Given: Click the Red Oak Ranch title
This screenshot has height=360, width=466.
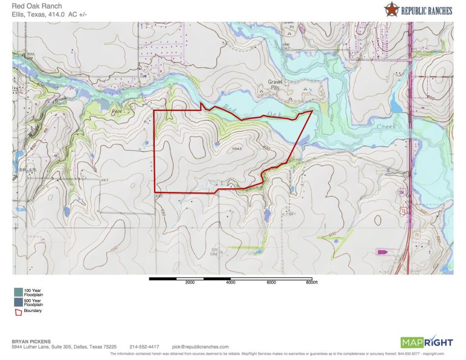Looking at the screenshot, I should [x=36, y=7].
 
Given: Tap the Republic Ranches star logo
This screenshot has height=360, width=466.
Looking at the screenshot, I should [x=392, y=9].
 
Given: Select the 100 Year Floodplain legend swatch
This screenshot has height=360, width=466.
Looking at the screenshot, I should [x=18, y=292].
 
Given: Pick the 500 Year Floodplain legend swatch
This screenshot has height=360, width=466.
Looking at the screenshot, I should [x=18, y=302].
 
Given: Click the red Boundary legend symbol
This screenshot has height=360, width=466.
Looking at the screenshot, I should [x=18, y=311].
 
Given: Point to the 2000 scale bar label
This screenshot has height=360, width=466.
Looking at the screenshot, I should [x=190, y=283].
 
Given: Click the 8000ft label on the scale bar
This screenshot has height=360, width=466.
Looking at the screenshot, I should [x=312, y=283].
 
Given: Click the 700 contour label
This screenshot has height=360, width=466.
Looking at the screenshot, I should [x=113, y=249].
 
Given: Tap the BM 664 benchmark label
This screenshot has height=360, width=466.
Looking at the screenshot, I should [x=214, y=252].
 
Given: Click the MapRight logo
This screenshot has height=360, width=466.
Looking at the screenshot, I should [x=426, y=341].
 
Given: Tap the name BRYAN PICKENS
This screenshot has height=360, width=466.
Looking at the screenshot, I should [x=31, y=341].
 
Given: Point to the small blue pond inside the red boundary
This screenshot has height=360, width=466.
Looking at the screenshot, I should [x=217, y=144].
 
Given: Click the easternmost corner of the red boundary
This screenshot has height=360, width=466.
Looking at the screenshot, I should [x=312, y=111].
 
